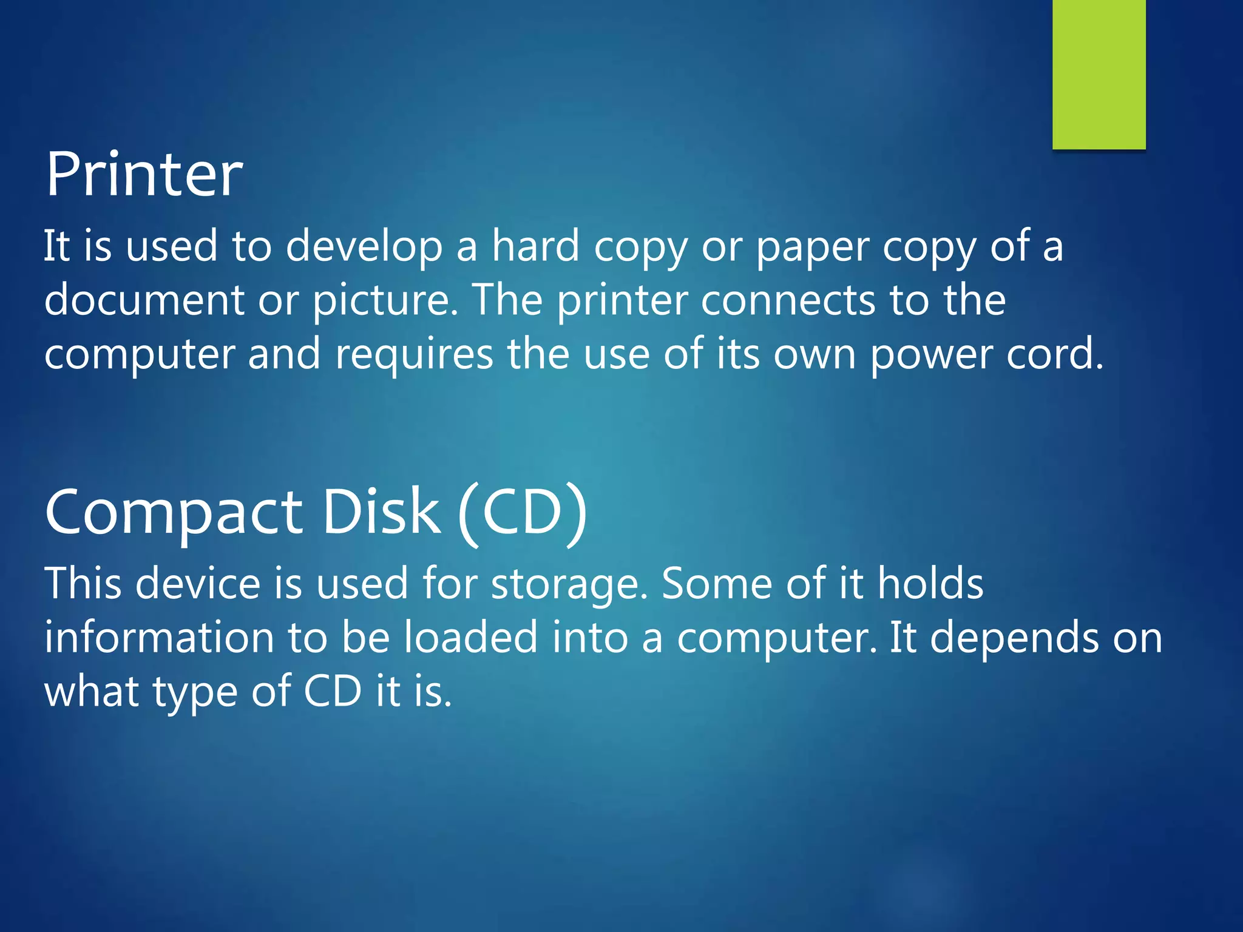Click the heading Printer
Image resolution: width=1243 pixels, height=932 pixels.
pos(144,174)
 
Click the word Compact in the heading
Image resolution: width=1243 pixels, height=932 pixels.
pos(174,513)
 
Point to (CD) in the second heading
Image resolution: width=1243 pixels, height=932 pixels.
pos(523,513)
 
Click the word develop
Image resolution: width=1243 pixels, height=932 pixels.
pos(364,248)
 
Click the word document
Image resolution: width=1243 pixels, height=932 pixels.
pos(144,300)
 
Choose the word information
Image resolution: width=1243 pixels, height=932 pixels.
pos(159,637)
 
